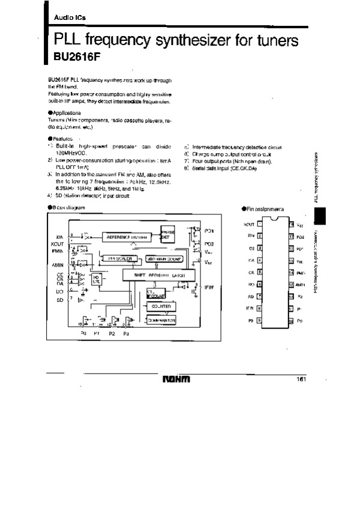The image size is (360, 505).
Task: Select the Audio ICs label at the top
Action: click(x=67, y=18)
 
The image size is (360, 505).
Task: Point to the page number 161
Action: click(x=301, y=378)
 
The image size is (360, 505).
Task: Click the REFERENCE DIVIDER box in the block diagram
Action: click(x=127, y=237)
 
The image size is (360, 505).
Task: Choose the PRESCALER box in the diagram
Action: click(x=119, y=258)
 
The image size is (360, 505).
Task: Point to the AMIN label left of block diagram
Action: click(x=58, y=264)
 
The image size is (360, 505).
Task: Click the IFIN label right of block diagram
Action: click(x=209, y=288)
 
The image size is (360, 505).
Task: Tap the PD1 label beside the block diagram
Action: click(x=209, y=231)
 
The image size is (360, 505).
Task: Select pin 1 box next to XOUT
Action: click(x=259, y=224)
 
